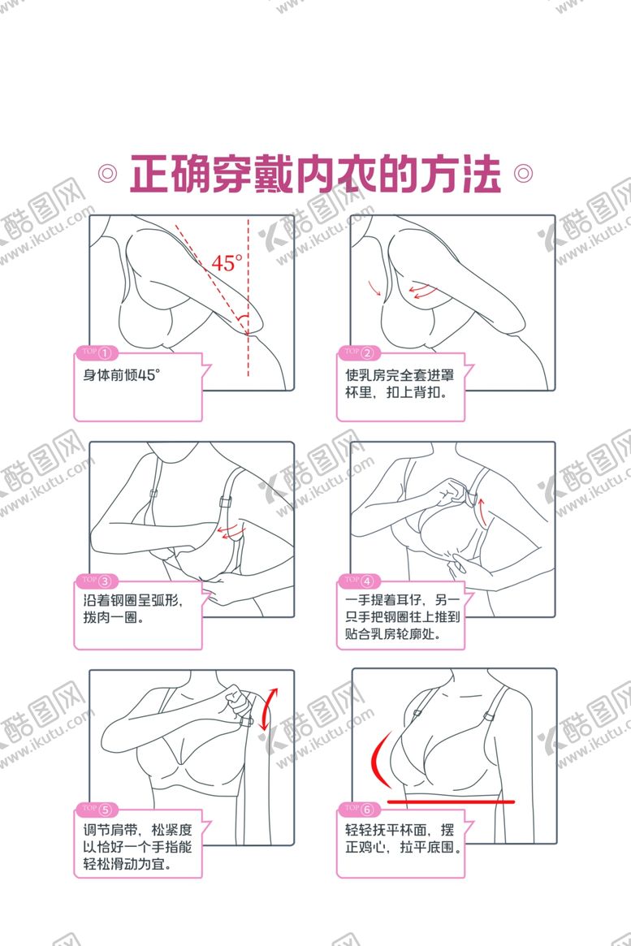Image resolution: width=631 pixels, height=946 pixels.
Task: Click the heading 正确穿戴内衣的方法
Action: [x=315, y=175]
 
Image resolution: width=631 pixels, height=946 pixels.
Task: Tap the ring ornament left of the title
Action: [x=107, y=174]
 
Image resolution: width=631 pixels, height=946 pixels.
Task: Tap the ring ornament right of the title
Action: [x=523, y=174]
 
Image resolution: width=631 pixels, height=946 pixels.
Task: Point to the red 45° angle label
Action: [x=227, y=263]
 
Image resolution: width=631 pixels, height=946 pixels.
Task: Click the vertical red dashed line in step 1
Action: [x=248, y=297]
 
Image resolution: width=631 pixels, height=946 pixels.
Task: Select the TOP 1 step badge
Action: [x=97, y=352]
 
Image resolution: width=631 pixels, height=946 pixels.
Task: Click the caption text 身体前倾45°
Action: [x=121, y=375]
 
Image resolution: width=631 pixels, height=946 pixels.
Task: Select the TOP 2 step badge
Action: [x=358, y=352]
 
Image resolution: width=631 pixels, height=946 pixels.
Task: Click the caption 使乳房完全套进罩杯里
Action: [x=400, y=384]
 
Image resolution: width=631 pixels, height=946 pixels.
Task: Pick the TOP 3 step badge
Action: [x=97, y=581]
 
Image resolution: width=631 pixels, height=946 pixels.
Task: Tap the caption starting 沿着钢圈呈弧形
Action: [x=132, y=609]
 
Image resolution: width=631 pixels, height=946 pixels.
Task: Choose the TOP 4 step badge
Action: [x=358, y=581]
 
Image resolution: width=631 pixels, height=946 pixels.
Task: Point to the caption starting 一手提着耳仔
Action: [x=402, y=616]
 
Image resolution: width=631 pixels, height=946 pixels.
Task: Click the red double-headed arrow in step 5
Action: [x=269, y=708]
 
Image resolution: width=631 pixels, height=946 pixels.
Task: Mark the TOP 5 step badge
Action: [x=97, y=809]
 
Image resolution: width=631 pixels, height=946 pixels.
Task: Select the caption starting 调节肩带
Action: [x=137, y=846]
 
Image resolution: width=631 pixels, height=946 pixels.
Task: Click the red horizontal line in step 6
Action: [x=452, y=801]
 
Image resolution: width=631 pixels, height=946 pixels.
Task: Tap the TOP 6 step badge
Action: [x=358, y=809]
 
